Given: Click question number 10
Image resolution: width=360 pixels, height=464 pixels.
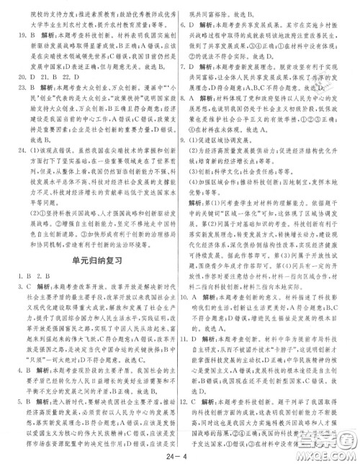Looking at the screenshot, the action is tap(188, 296).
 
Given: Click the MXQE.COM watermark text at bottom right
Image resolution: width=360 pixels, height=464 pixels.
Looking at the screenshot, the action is tap(328, 453).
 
